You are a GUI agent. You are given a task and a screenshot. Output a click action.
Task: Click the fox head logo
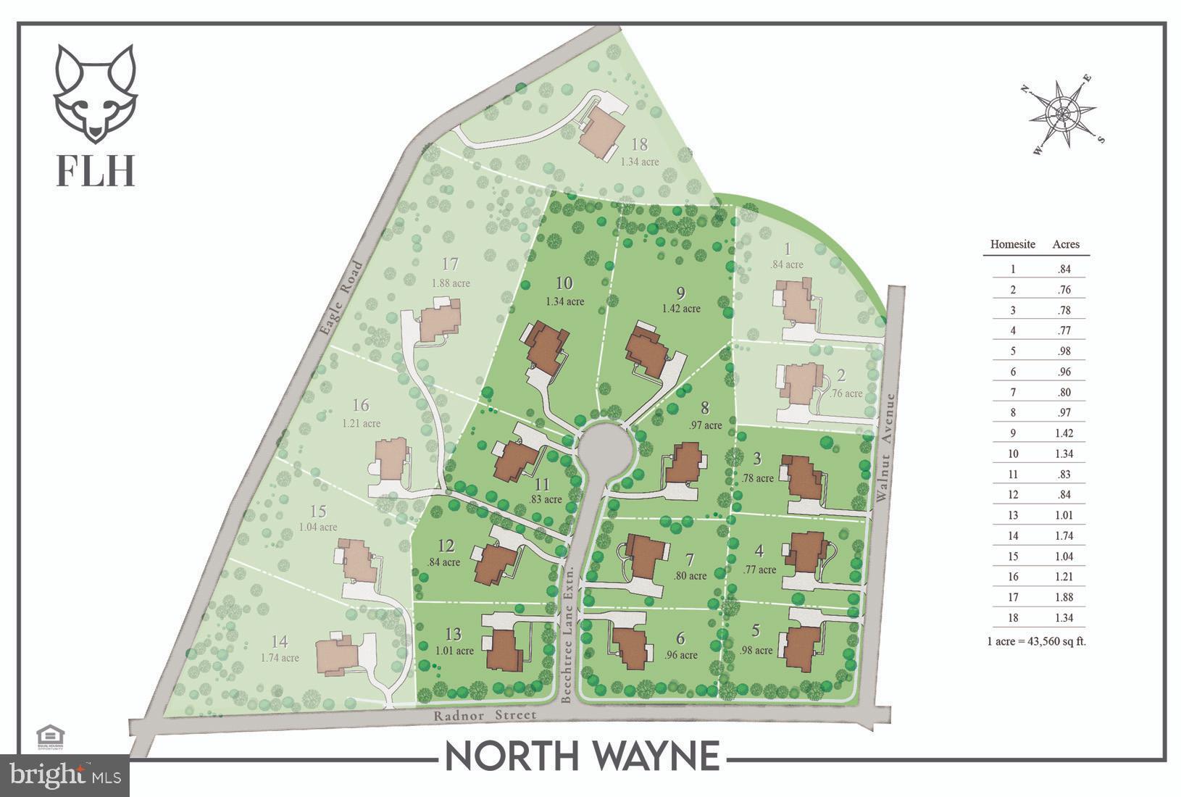(95, 93)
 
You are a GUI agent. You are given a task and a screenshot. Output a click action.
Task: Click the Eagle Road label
(340, 299)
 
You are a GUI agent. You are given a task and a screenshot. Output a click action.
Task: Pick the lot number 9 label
(680, 293)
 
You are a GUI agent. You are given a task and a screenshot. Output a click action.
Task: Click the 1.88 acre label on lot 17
(451, 283)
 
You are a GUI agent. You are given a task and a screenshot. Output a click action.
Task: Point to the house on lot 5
(803, 647)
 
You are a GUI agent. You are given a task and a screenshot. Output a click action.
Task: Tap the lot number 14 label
(280, 641)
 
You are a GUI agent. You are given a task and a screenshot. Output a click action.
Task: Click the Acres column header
(1065, 245)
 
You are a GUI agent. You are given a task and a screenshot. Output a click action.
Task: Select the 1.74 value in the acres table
(1064, 536)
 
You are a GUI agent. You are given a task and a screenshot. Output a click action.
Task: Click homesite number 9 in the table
(1013, 433)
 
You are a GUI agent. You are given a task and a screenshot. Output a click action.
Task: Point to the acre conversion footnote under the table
(1036, 640)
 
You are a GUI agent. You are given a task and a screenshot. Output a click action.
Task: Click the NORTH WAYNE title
(582, 756)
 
